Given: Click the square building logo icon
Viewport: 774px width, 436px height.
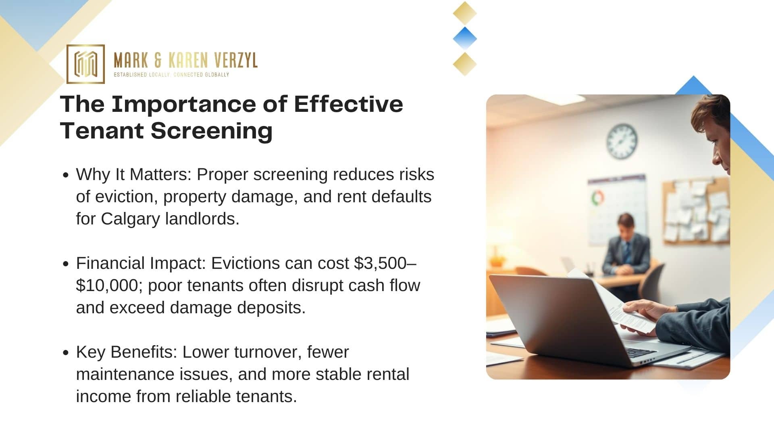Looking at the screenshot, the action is [x=85, y=64].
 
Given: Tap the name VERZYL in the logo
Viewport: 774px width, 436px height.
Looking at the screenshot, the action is [x=236, y=61].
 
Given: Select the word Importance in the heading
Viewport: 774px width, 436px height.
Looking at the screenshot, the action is [x=184, y=104].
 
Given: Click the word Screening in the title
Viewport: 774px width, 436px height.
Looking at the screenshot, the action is [x=212, y=131].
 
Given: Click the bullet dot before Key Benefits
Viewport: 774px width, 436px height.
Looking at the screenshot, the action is [x=66, y=352].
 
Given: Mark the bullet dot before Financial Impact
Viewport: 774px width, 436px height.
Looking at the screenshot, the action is [x=66, y=264].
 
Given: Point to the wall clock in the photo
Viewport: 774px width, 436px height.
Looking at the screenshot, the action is [x=622, y=141].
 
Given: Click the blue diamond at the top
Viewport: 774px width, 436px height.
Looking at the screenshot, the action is [x=465, y=39].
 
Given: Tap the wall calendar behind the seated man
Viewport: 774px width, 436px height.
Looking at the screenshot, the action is [x=617, y=210].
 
